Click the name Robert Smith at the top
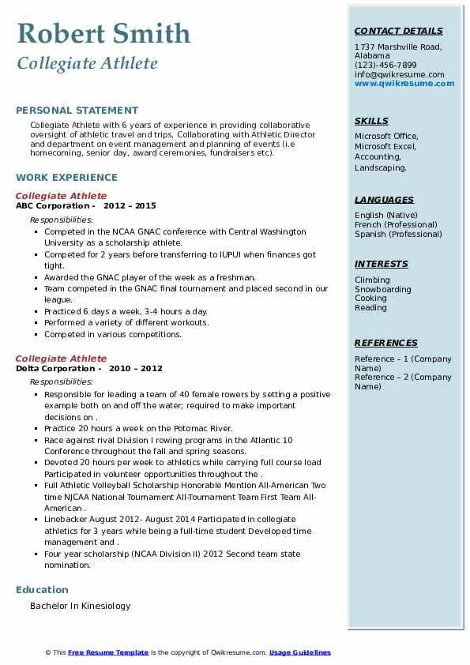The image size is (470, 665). coord(103,33)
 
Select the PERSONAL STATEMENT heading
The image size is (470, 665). coord(77,111)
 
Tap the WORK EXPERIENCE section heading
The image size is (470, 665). coord(66,178)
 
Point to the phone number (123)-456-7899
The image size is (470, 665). coord(385,66)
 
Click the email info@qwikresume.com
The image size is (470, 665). coord(399,74)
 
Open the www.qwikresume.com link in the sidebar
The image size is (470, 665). coord(404,84)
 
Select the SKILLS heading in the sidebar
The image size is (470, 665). coord(371,121)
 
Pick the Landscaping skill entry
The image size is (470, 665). coord(381,167)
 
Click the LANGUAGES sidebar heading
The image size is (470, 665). coord(384,200)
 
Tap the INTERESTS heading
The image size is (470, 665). coord(382,264)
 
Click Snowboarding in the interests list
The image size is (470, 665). coord(383,289)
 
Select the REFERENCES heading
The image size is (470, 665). coord(386,343)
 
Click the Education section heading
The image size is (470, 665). coord(42,589)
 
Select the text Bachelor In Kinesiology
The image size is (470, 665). coord(80,606)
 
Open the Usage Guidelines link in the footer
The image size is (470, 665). coord(300,652)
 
